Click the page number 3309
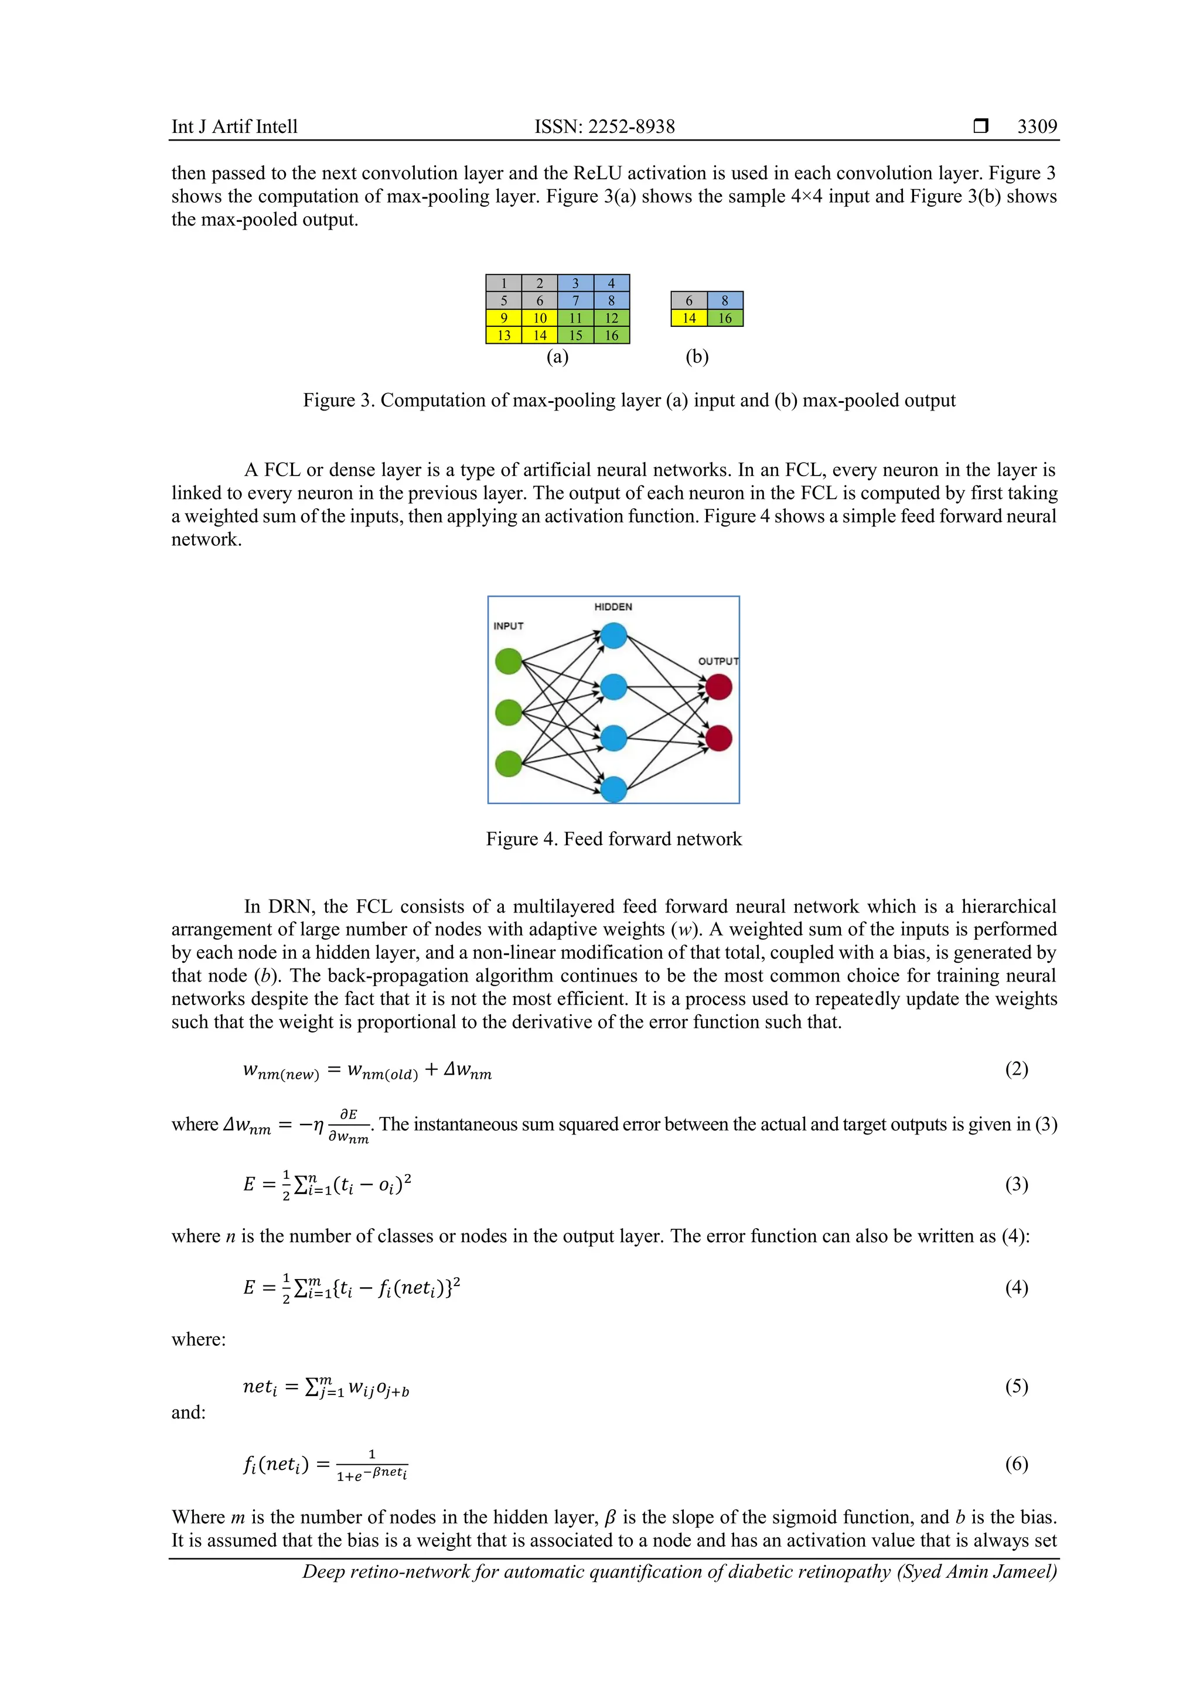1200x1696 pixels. [1037, 126]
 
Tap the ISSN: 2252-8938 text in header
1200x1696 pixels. [605, 126]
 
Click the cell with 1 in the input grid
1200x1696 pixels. [504, 283]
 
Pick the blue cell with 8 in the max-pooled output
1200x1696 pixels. [725, 300]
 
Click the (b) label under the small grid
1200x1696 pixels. [697, 357]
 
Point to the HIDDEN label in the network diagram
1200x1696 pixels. [612, 607]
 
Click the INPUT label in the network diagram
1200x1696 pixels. [509, 625]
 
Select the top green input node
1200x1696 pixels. [509, 661]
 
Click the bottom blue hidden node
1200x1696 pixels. [613, 789]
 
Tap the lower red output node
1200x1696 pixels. [718, 738]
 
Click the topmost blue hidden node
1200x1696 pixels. [613, 635]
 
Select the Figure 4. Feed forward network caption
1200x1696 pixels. [613, 839]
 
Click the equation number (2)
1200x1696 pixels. [1016, 1069]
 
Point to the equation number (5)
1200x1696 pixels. [1016, 1387]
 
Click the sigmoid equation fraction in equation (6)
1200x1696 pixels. [371, 1465]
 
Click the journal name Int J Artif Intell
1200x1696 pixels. [234, 126]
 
